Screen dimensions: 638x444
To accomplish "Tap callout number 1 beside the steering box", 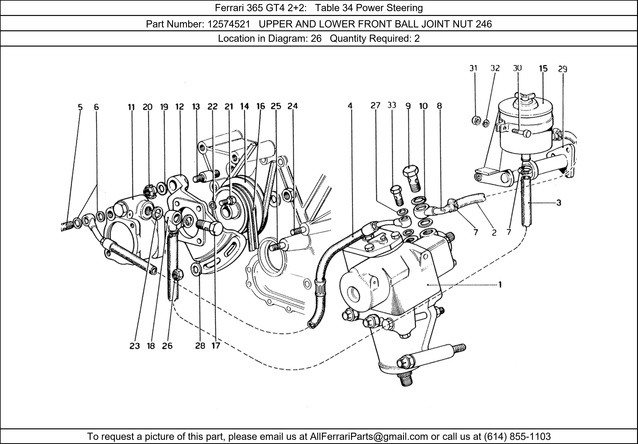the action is pyautogui.click(x=500, y=285).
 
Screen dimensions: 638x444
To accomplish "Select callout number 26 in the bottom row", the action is pyautogui.click(x=167, y=346).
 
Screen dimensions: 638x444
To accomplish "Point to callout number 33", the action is pyautogui.click(x=392, y=105).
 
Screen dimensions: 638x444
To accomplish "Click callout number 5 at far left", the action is pyautogui.click(x=80, y=107).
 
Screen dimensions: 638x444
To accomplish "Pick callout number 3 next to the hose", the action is pyautogui.click(x=559, y=203).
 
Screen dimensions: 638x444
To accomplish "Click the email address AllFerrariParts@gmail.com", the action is pyautogui.click(x=369, y=437).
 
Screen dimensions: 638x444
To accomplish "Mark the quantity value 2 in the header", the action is pyautogui.click(x=417, y=38).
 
